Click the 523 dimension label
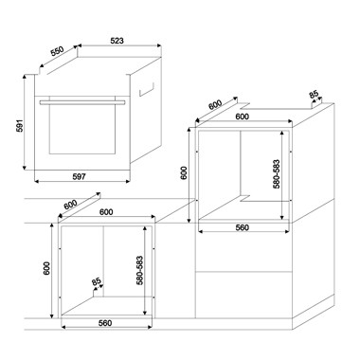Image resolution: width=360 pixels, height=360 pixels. pos(117,41)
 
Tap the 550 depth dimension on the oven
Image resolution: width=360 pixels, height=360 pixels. pos(57,51)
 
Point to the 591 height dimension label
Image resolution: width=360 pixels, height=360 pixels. pos(20,126)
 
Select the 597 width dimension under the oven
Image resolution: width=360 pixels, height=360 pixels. pos(79,177)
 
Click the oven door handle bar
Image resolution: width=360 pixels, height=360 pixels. pos(82,102)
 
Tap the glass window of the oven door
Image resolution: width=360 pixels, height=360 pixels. pos(81,130)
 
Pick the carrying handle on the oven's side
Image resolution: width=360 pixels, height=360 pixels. pos(146,89)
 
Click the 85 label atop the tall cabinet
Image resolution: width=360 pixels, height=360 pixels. pos(314,94)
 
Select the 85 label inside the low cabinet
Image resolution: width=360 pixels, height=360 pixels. pos(96,281)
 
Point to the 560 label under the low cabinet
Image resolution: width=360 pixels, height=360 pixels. pos(105,323)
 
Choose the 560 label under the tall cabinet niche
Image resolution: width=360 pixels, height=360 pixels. pos(243,227)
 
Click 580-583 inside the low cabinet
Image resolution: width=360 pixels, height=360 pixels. pos(140,270)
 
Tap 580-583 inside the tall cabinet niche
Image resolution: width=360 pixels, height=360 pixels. pos(277,174)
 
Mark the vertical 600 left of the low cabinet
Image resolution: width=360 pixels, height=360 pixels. pos(46,268)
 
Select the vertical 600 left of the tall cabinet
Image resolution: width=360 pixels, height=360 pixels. pos(184,172)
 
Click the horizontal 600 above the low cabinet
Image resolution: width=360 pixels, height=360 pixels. pos(106,212)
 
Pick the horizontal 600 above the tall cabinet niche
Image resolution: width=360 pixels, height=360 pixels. pos(243,117)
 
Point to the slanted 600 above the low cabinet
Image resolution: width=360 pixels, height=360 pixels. pos(70,205)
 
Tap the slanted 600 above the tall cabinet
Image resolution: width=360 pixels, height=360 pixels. pos(215,104)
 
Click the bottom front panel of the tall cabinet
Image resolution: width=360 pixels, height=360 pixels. pos(243,295)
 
